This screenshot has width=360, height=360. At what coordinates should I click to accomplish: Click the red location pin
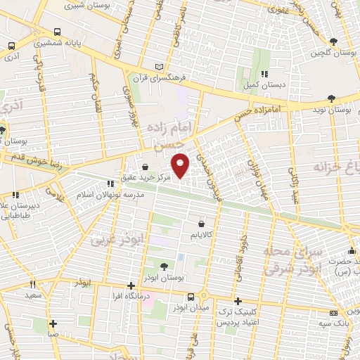(181, 165)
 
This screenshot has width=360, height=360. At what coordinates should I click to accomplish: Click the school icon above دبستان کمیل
(264, 73)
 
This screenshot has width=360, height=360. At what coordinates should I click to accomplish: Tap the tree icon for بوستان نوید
(331, 99)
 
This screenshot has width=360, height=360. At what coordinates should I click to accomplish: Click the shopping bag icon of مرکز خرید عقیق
(145, 167)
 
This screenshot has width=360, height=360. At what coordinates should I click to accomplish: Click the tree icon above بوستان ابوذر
(164, 266)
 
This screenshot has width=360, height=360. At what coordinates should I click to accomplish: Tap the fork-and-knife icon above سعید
(32, 285)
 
